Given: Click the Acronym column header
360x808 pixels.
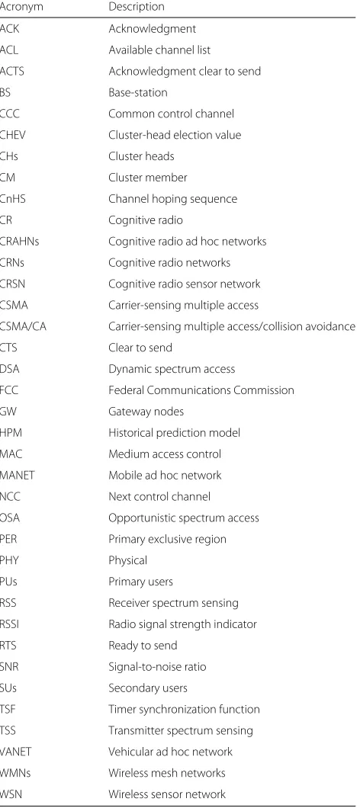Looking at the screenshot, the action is [x=21, y=7].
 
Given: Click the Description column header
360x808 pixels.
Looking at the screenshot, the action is [x=137, y=7].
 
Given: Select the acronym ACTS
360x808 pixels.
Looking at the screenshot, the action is [x=12, y=71].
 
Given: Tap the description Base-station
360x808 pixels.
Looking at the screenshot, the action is [x=138, y=93].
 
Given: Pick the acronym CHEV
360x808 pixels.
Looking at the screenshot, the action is [x=12, y=135].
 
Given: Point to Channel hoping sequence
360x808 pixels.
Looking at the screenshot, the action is [x=173, y=199].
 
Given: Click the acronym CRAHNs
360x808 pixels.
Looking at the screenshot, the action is [x=19, y=241].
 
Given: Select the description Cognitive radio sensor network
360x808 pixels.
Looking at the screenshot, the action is [x=184, y=284].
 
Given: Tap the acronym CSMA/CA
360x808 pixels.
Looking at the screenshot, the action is [x=23, y=326].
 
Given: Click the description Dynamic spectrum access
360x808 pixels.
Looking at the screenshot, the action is [x=172, y=369].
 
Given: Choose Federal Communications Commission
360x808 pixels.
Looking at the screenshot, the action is [x=201, y=390].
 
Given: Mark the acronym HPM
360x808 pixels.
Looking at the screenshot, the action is [x=11, y=433].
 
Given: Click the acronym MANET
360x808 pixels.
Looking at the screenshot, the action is [x=17, y=475].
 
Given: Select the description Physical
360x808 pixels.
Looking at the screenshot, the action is [x=127, y=561].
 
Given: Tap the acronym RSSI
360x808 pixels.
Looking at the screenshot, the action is [x=9, y=624].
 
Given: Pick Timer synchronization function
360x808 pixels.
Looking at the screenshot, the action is [x=184, y=710].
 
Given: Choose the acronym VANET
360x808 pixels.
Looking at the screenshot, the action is [x=15, y=752].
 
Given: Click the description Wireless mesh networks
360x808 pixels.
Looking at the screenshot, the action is [x=166, y=773].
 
